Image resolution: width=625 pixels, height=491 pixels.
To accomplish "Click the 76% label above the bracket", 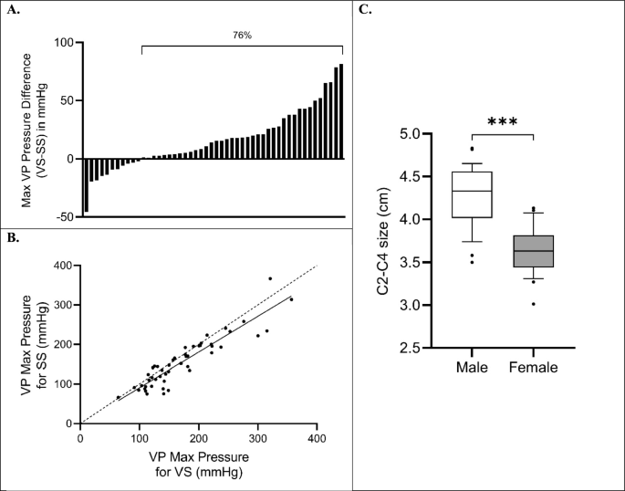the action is [x=243, y=36].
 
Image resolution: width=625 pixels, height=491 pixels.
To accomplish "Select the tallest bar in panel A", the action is [x=341, y=111].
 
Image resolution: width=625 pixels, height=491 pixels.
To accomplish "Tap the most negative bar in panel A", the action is [x=86, y=185].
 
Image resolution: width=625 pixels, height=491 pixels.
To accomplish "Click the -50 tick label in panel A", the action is [x=64, y=217].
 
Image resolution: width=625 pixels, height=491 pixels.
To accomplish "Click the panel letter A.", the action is [x=13, y=10].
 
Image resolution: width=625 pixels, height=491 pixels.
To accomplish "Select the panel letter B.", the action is [x=13, y=238].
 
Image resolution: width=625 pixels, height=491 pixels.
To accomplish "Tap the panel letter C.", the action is [x=365, y=9].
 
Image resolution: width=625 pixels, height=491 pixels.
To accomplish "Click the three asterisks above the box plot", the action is [x=502, y=121].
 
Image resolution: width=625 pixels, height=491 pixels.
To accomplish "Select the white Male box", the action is [x=472, y=195].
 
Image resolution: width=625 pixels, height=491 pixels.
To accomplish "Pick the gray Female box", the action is [x=534, y=251].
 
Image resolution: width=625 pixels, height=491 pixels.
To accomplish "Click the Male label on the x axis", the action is [x=472, y=367].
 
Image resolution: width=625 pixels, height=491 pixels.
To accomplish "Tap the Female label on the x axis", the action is [x=534, y=367].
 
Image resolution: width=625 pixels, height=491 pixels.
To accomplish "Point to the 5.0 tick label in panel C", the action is [x=409, y=133].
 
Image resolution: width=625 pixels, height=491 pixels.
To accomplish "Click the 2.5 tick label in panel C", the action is [x=409, y=348].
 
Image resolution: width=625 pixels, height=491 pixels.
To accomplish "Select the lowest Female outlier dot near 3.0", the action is [x=534, y=304].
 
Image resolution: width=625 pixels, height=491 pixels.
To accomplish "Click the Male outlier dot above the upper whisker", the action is [x=473, y=149].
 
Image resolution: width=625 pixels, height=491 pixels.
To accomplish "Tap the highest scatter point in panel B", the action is [x=270, y=278].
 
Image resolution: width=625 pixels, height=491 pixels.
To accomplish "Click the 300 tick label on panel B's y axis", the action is [x=66, y=305].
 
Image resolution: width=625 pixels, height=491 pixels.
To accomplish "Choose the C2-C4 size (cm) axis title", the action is [x=383, y=241].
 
